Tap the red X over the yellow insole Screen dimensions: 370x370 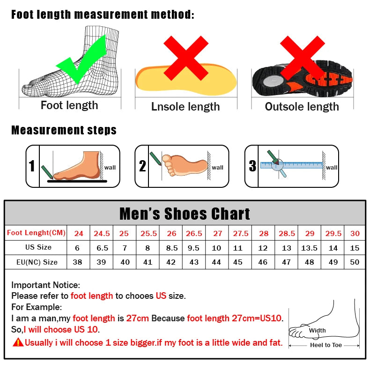(185, 58)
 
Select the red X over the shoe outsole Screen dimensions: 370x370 (303, 58)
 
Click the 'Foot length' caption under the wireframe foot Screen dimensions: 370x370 (69, 105)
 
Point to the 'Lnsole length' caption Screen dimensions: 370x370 (185, 107)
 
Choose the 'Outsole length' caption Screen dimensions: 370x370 (302, 107)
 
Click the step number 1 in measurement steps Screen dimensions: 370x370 (32, 166)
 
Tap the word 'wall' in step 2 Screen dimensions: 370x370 (218, 167)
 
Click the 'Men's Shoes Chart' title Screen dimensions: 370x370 (185, 214)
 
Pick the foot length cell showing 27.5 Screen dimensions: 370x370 (241, 233)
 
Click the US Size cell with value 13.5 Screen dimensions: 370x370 (309, 248)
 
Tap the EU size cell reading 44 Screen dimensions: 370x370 (216, 262)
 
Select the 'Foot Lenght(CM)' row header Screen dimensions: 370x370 (36, 233)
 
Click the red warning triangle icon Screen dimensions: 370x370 (18, 342)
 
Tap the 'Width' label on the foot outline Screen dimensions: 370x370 (317, 331)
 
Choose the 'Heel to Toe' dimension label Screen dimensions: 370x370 (326, 345)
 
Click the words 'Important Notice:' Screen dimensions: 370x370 (46, 285)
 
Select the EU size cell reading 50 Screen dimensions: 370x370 (355, 262)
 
